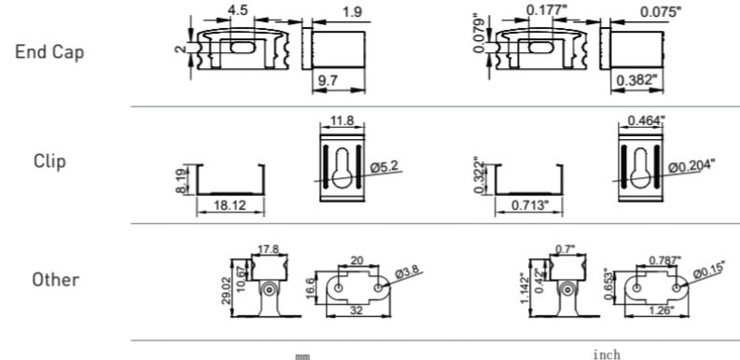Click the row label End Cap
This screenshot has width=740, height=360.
coord(49,51)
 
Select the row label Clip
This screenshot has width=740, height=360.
coord(49,161)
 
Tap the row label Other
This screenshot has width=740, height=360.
coord(56,280)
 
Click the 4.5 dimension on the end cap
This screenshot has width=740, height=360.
coord(237,10)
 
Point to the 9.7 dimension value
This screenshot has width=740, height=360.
coord(328,80)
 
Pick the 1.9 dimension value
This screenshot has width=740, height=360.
coord(352,11)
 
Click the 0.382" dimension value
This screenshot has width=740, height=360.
coord(636,79)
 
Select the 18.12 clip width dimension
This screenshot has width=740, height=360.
coord(230,205)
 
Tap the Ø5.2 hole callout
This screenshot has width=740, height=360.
coord(384,167)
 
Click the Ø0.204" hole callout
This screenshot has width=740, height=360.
coord(691,166)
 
